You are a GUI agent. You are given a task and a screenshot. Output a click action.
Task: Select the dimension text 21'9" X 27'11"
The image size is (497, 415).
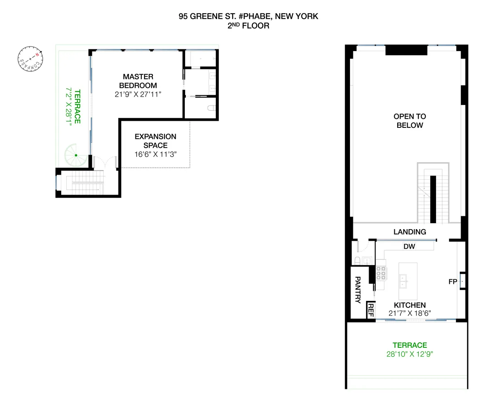pyautogui.click(x=138, y=94)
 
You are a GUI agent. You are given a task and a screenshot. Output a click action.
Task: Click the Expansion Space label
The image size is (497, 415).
pyautogui.click(x=155, y=141)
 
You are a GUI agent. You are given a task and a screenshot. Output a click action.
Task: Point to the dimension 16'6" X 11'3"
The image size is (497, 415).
pyautogui.click(x=155, y=154)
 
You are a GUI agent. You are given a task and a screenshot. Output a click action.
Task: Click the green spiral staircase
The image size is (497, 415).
pyautogui.click(x=76, y=155)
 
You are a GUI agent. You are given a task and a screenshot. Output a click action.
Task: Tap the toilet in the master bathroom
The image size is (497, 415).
pyautogui.click(x=211, y=109)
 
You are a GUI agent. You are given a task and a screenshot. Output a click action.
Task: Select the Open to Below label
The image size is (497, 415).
pyautogui.click(x=410, y=121)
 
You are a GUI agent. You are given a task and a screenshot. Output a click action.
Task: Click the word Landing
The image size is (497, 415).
pyautogui.click(x=410, y=232)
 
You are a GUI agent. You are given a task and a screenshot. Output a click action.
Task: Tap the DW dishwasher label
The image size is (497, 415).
pyautogui.click(x=409, y=247)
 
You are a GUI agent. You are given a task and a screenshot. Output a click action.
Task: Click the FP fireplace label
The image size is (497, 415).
pyautogui.click(x=453, y=282)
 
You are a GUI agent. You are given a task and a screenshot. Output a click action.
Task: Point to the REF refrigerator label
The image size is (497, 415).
pyautogui.click(x=371, y=311)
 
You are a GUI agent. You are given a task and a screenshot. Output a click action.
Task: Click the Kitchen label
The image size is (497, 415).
pyautogui.click(x=410, y=305)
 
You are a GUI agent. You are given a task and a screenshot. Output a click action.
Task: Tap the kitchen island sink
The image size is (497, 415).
pyautogui.click(x=403, y=281)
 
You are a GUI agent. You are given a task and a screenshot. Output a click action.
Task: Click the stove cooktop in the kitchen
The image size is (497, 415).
pyautogui.click(x=381, y=273)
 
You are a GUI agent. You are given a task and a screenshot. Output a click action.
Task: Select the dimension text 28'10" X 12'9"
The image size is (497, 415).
pyautogui.click(x=410, y=354)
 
